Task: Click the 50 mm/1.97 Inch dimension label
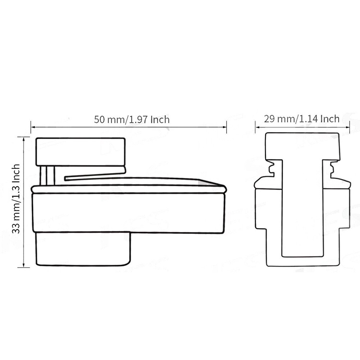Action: tap(132, 119)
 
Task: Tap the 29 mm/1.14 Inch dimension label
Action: tap(301, 119)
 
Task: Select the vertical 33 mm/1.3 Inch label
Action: tap(16, 199)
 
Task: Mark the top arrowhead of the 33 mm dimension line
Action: tap(24, 139)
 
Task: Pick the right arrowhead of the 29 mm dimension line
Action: tap(348, 127)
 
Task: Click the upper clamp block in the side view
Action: tap(81, 151)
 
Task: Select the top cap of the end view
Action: tap(302, 144)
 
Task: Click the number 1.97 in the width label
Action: tap(137, 119)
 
